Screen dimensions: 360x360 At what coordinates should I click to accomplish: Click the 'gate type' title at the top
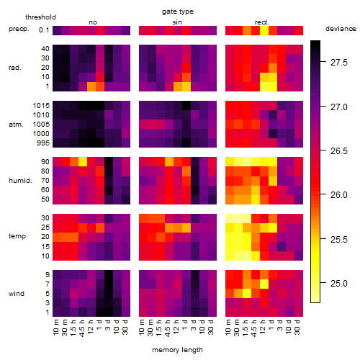(178, 12)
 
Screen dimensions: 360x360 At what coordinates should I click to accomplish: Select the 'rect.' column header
(262, 22)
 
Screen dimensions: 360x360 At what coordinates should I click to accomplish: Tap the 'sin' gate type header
(177, 22)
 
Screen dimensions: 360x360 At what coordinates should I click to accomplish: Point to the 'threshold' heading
(40, 17)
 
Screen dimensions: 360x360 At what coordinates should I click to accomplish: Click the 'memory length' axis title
(178, 350)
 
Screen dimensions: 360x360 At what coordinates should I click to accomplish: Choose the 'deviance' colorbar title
(341, 29)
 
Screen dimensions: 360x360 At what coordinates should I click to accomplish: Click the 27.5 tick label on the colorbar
(339, 63)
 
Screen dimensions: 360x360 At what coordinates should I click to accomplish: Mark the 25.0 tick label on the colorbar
(339, 284)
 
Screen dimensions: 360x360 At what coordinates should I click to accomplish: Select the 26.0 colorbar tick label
(339, 195)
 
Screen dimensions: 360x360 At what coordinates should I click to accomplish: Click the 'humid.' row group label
(20, 181)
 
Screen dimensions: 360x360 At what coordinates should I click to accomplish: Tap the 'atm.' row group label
(16, 125)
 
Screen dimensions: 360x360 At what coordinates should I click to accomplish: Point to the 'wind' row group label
(17, 293)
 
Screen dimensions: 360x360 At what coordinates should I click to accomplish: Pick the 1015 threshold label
(41, 106)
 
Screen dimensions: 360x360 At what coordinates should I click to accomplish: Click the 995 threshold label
(43, 143)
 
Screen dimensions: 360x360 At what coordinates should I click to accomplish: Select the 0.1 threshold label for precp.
(44, 30)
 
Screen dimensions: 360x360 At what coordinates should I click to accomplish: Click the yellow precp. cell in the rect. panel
(264, 30)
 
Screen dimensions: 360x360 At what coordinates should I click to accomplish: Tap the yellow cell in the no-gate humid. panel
(83, 162)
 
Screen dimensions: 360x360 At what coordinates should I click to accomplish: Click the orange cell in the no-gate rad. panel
(91, 86)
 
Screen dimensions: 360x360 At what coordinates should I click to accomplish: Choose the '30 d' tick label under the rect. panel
(297, 327)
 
